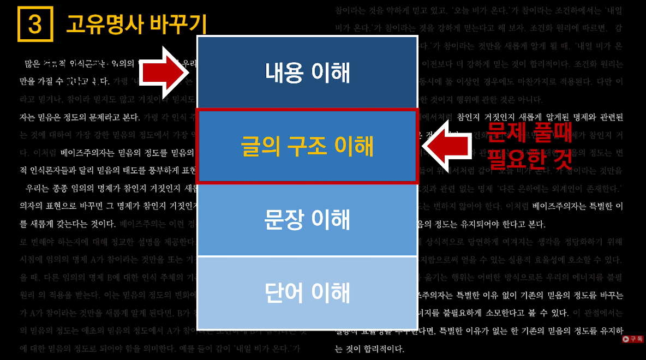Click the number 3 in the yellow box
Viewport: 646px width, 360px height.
35,25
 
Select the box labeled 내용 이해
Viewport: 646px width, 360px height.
307,73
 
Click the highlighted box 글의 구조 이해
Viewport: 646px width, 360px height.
307,146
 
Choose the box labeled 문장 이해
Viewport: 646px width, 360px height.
307,219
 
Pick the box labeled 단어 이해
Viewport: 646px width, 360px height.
307,293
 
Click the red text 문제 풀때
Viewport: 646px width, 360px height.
529,133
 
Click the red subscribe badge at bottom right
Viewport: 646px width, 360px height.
633,339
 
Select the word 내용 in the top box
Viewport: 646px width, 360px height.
284,73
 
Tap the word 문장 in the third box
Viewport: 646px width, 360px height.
284,219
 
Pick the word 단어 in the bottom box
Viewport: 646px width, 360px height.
284,293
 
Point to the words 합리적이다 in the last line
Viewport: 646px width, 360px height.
382,349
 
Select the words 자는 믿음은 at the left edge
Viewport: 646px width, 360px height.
38,117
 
